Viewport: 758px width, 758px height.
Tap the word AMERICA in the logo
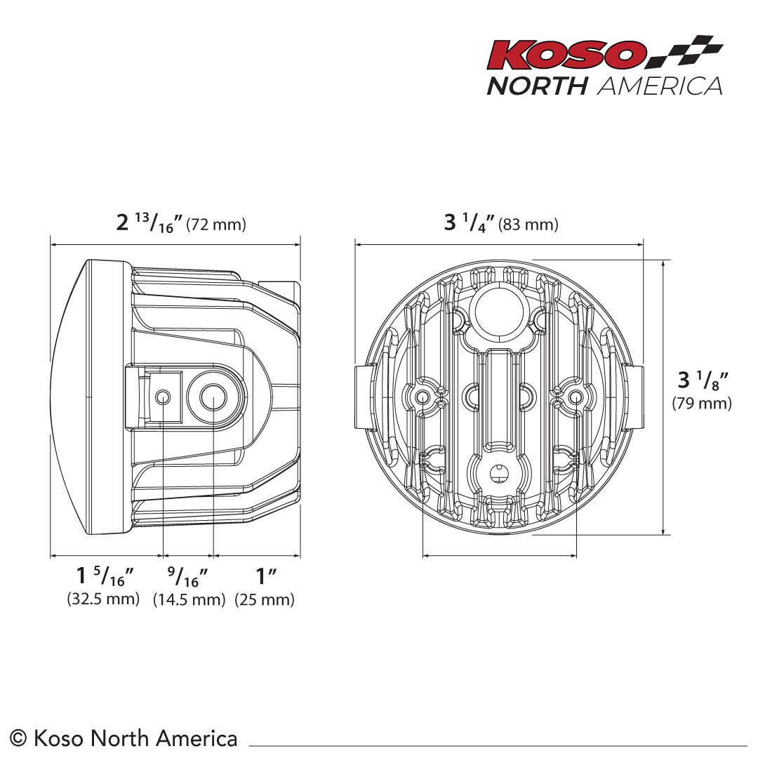point(660,86)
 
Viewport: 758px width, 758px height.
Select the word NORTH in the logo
point(538,86)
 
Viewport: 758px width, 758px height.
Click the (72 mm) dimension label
point(217,225)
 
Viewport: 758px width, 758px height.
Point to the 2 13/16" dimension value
point(149,223)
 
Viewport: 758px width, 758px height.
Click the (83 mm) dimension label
point(528,225)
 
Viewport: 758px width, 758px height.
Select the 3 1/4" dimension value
point(470,223)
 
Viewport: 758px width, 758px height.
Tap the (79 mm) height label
point(701,403)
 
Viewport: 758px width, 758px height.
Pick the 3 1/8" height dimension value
point(703,380)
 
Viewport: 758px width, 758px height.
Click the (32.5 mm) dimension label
point(103,599)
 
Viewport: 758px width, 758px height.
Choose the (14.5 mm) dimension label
point(189,599)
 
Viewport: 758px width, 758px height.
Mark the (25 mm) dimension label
point(265,599)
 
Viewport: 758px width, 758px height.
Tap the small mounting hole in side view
point(163,397)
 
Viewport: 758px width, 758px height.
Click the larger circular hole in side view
point(212,397)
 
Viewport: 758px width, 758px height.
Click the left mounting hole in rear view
point(423,398)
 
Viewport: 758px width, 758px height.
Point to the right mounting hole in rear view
point(576,398)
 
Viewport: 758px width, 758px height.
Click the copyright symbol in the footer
point(20,738)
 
